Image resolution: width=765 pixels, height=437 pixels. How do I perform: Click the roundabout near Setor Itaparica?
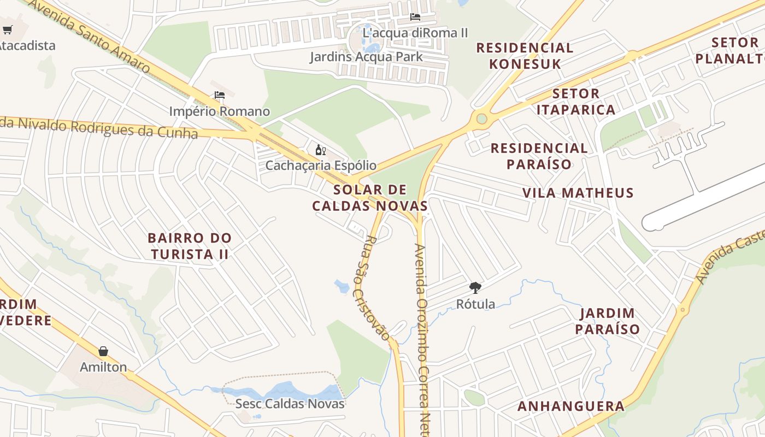tap(481, 119)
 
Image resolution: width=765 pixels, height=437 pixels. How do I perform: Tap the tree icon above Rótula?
tap(475, 287)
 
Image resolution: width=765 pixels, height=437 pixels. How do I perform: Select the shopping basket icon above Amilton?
tap(103, 351)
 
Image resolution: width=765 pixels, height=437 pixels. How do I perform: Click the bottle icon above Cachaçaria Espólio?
tap(320, 150)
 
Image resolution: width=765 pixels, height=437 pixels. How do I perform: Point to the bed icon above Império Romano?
tap(220, 95)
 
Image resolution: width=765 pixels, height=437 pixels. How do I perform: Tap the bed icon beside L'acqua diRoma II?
tap(415, 17)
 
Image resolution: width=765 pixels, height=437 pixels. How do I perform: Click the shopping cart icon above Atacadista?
tap(7, 29)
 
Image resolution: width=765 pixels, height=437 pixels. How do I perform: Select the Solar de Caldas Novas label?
tap(370, 198)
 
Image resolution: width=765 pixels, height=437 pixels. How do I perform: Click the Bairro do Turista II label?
tap(190, 246)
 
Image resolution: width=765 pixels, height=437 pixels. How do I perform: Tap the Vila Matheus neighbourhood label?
tap(578, 193)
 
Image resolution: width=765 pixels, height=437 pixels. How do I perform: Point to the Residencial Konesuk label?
tap(525, 56)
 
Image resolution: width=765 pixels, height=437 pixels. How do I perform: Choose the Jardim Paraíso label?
tap(607, 321)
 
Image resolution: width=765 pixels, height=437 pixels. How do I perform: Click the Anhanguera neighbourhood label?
tap(571, 406)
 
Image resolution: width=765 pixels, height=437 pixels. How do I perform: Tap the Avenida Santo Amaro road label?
tap(87, 36)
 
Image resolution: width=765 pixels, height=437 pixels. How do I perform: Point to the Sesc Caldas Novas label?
tap(290, 404)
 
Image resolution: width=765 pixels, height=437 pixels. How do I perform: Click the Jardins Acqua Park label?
tap(366, 57)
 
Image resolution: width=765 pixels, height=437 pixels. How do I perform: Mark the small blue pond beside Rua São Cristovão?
tap(342, 286)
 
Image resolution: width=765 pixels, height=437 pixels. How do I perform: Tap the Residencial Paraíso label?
tap(539, 156)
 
